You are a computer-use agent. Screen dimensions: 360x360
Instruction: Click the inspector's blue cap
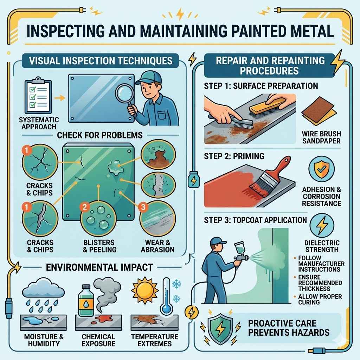click(148, 76)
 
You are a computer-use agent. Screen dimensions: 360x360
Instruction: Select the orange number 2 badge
click(84, 207)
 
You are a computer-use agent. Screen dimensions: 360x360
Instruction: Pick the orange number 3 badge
click(142, 207)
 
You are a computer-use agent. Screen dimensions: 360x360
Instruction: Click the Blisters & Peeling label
click(98, 246)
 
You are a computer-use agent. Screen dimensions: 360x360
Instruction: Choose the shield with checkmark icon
click(321, 169)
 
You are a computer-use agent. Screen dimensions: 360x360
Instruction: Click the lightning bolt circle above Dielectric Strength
click(321, 227)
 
